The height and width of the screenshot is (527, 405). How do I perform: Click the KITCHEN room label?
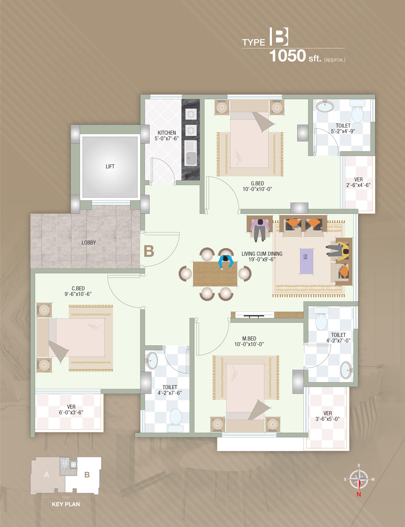(167, 133)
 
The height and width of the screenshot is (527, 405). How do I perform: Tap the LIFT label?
(110, 166)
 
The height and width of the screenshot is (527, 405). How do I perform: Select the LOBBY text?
(89, 243)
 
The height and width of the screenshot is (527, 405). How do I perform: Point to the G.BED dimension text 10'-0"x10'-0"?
(257, 189)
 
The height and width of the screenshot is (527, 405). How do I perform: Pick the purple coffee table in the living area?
(306, 261)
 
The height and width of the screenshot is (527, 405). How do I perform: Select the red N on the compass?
(359, 494)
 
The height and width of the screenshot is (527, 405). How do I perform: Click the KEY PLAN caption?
(66, 504)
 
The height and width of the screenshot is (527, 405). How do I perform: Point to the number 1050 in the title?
(287, 56)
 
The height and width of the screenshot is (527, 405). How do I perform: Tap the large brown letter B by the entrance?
(149, 251)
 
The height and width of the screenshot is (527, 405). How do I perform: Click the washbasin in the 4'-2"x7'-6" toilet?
(152, 361)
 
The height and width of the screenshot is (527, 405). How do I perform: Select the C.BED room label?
(78, 288)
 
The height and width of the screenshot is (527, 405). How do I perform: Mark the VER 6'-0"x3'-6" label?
(71, 410)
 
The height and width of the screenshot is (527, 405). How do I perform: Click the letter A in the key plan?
(47, 475)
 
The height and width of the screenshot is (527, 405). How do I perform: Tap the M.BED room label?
(249, 339)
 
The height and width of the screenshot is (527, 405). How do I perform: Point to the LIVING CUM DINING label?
(262, 254)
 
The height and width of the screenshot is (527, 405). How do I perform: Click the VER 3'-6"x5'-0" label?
(328, 416)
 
